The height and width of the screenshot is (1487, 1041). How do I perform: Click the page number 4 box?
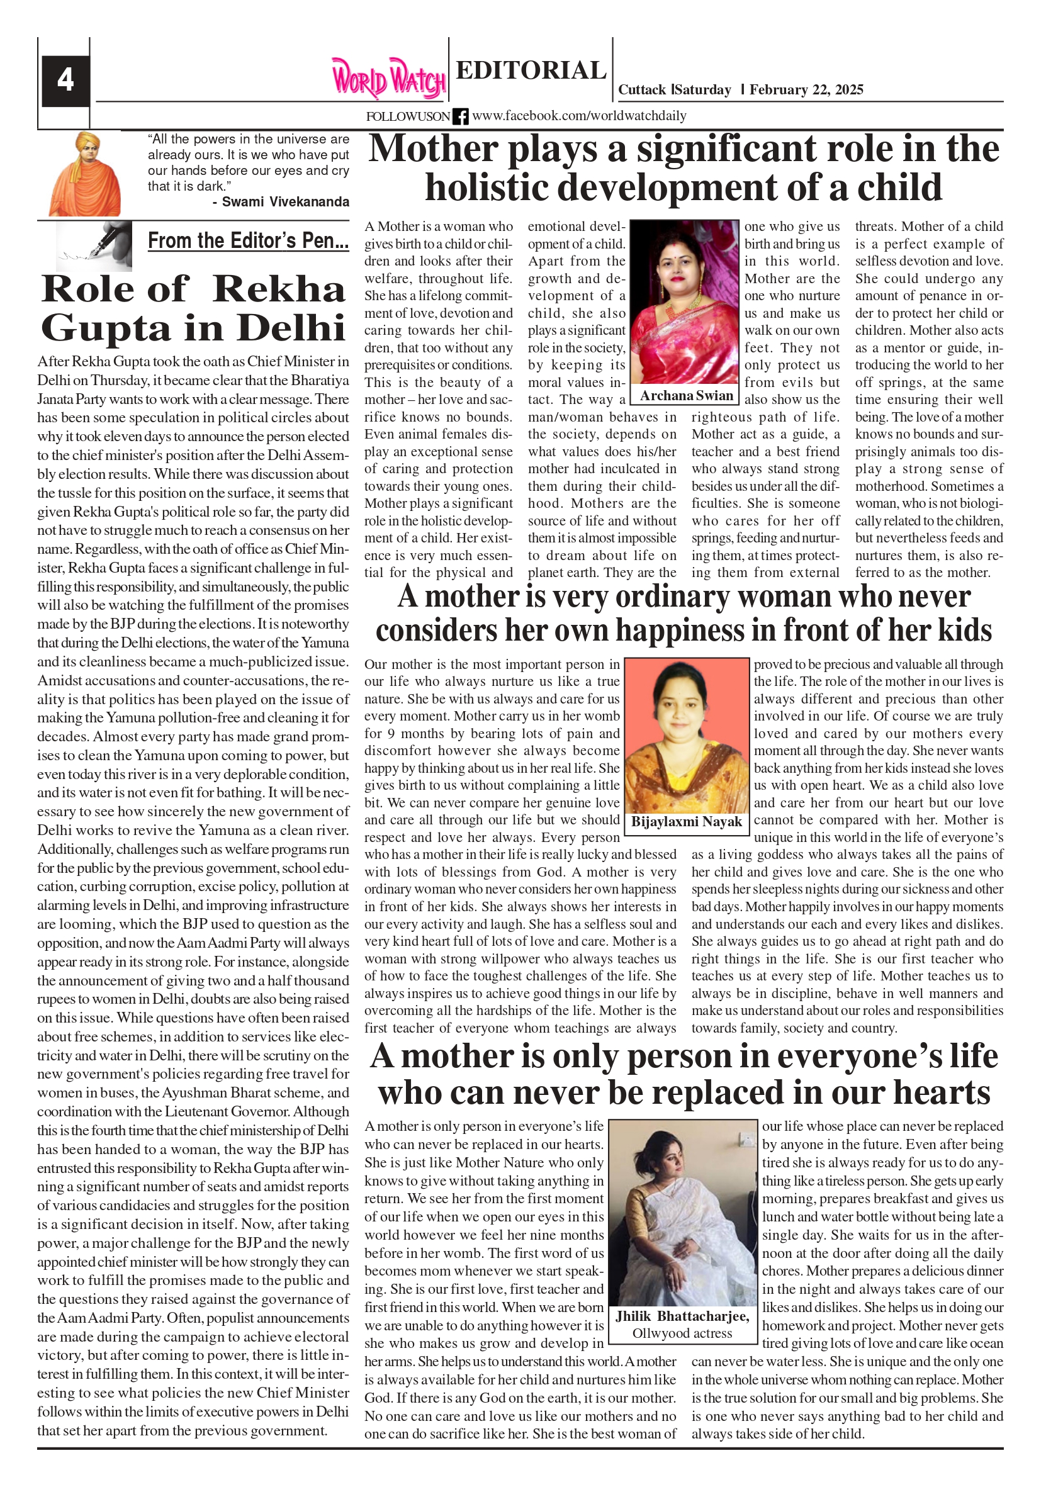pyautogui.click(x=65, y=81)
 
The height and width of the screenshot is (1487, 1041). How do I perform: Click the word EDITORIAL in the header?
pyautogui.click(x=531, y=70)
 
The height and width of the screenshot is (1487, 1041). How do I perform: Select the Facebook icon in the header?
pyautogui.click(x=461, y=116)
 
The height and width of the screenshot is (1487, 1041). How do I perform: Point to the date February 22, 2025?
pyautogui.click(x=806, y=90)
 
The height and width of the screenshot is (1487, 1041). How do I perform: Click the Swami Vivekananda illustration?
pyautogui.click(x=85, y=174)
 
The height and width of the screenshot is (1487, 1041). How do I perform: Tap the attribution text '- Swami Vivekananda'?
pyautogui.click(x=281, y=202)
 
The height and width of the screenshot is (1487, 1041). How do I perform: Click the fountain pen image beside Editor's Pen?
pyautogui.click(x=94, y=246)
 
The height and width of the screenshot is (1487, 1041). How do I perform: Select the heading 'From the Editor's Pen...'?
pyautogui.click(x=248, y=241)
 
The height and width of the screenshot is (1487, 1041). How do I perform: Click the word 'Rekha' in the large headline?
pyautogui.click(x=279, y=289)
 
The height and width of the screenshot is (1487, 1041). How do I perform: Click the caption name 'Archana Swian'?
pyautogui.click(x=687, y=396)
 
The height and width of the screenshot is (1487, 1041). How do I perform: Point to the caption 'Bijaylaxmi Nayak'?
pyautogui.click(x=686, y=822)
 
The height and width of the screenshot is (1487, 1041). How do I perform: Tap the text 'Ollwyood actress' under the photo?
pyautogui.click(x=682, y=1333)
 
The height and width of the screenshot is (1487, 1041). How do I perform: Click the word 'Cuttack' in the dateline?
pyautogui.click(x=642, y=90)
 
